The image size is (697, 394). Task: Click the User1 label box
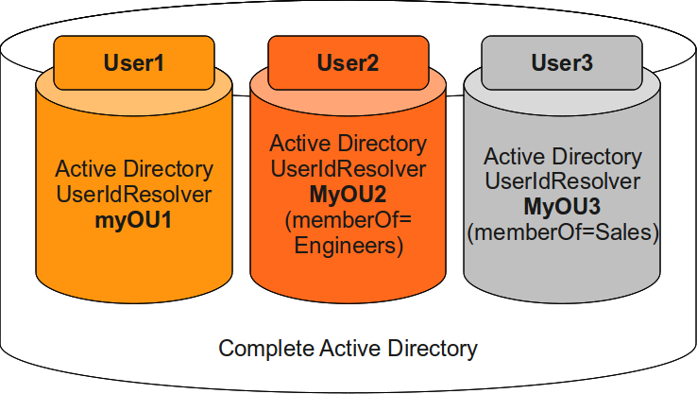coord(133,63)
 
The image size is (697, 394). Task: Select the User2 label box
coord(348,63)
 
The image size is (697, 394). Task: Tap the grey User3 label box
coord(562,63)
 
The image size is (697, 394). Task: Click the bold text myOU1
coord(134,221)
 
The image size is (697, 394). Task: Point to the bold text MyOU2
coord(348,195)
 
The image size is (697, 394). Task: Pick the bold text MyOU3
coord(562,207)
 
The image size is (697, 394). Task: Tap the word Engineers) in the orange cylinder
coord(348,247)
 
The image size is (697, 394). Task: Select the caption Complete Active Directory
coord(348,349)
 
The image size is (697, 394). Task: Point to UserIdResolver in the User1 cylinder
coord(134,196)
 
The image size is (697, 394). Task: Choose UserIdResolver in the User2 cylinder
coord(348,169)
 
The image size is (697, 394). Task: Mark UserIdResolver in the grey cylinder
coord(562,181)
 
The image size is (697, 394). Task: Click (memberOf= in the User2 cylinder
coord(348,221)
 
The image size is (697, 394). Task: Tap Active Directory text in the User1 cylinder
coord(134,170)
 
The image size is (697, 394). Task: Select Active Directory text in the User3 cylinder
coord(562,156)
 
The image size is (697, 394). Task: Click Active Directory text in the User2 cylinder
coord(348,144)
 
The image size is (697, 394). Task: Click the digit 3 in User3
coord(587,63)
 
